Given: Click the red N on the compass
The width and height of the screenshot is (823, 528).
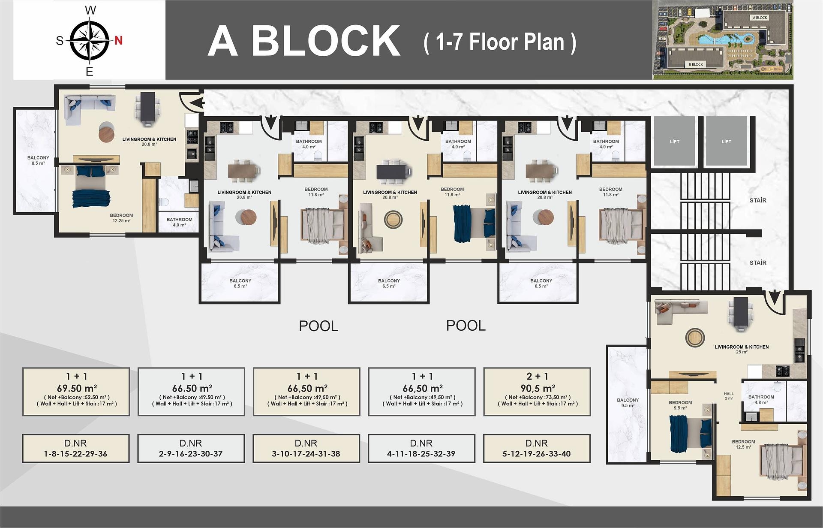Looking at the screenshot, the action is click(x=119, y=40).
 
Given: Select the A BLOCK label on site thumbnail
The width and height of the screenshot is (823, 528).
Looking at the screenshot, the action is click(x=760, y=18).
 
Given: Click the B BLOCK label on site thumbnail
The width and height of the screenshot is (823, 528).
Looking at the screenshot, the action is click(x=696, y=64).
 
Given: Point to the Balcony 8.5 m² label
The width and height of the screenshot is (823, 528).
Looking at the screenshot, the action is click(x=38, y=160).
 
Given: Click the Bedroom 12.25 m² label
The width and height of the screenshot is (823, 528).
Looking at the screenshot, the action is click(x=121, y=218).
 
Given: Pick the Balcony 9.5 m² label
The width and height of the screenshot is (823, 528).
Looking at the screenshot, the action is click(x=628, y=402).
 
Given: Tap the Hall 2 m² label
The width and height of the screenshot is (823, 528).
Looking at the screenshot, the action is click(x=729, y=396).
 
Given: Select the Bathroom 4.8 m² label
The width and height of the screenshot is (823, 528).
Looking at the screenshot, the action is click(x=761, y=399).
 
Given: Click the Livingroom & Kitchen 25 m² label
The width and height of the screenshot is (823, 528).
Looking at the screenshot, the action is click(x=742, y=349).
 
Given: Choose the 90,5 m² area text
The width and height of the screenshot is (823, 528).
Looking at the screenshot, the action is click(x=538, y=388).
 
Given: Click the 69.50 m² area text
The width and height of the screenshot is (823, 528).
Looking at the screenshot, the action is click(x=77, y=388).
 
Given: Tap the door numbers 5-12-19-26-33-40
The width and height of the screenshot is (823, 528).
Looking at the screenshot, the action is click(x=537, y=454).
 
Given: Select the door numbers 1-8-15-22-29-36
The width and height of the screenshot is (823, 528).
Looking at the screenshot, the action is click(x=75, y=454).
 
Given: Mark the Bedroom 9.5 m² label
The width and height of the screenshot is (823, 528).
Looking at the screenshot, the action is click(x=680, y=405).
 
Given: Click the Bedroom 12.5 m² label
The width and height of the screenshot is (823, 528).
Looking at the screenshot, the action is click(x=743, y=444).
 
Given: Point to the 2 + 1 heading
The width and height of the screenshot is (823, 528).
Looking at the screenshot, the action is click(x=538, y=376).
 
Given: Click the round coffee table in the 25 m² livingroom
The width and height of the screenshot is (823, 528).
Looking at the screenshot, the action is click(x=694, y=338).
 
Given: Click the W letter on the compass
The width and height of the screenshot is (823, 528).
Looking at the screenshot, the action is click(x=90, y=10).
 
